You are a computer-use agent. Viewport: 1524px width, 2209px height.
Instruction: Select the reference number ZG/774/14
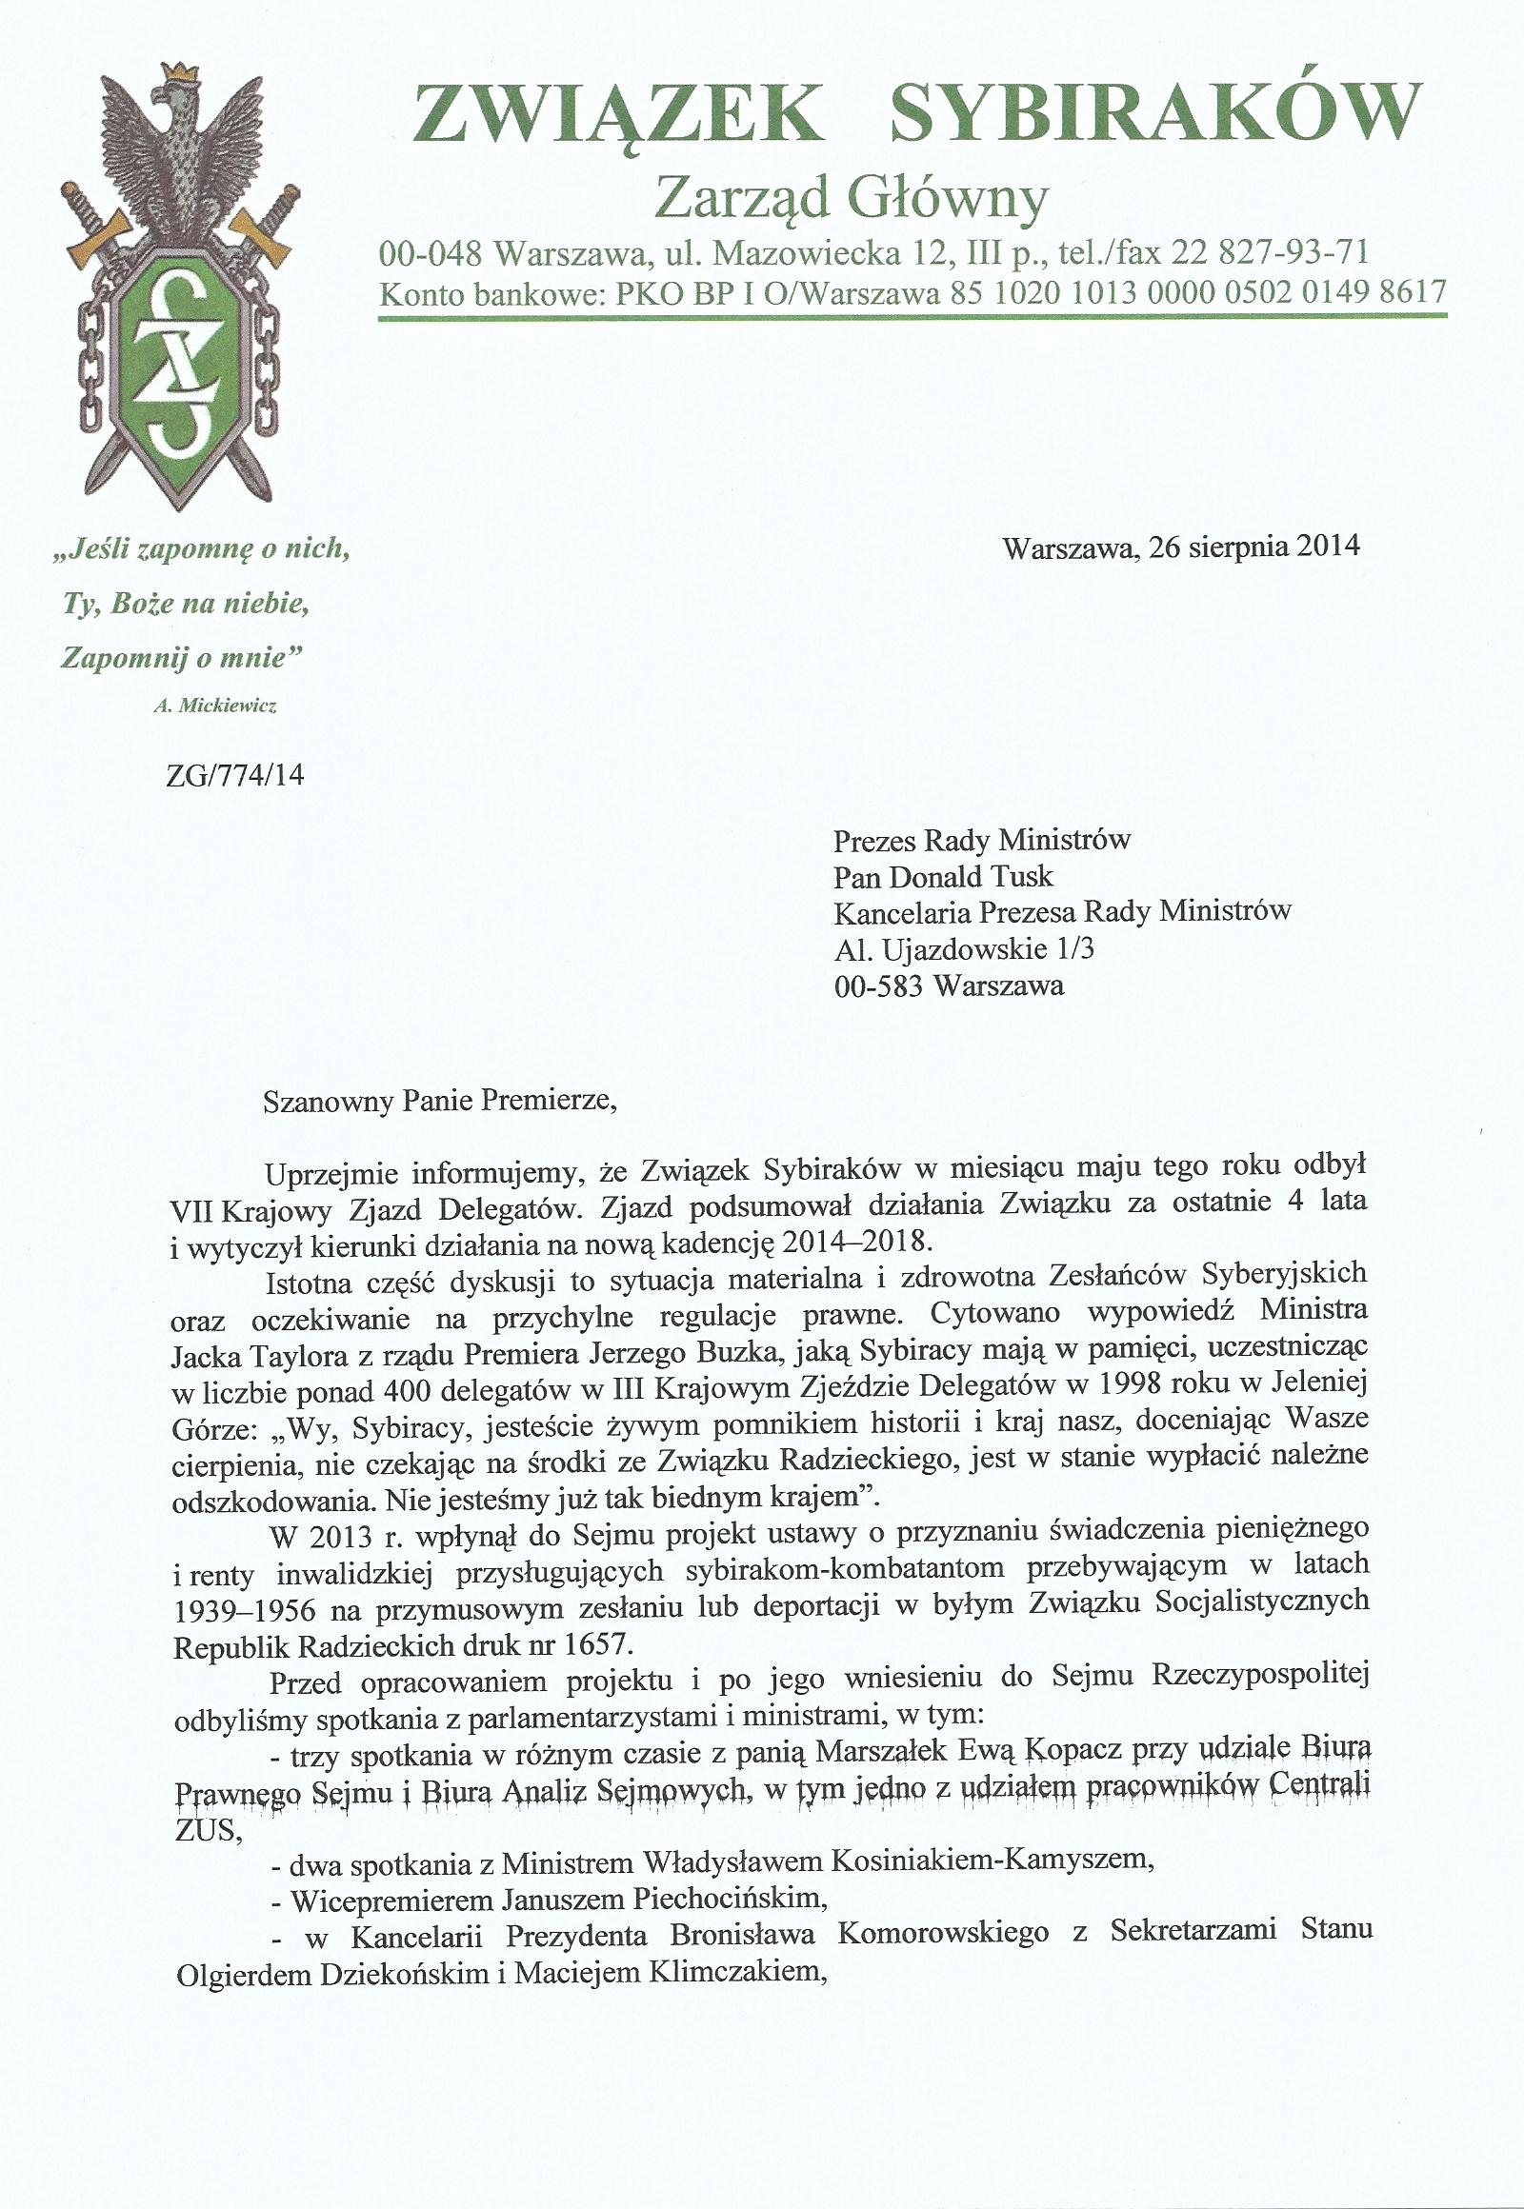pos(235,774)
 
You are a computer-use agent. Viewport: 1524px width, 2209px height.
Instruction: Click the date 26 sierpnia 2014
pos(1254,546)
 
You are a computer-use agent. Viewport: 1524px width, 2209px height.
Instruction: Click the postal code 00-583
pos(878,985)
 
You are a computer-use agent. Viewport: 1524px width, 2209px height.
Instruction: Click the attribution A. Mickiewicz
pos(215,706)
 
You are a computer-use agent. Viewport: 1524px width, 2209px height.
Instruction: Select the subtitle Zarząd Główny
pos(851,199)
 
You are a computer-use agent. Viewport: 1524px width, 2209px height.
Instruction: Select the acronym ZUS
pos(204,1830)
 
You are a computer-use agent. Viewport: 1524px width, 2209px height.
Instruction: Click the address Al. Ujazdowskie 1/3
pos(964,949)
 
